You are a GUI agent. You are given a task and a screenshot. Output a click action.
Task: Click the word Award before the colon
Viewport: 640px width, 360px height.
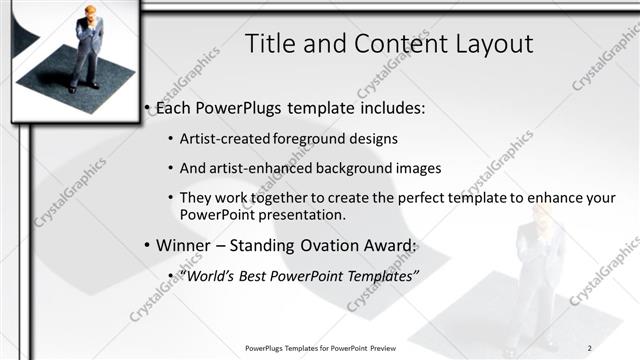click(381, 245)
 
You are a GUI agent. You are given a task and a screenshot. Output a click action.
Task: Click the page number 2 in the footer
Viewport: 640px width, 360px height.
click(590, 347)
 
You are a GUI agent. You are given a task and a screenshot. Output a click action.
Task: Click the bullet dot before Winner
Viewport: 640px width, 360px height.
click(148, 246)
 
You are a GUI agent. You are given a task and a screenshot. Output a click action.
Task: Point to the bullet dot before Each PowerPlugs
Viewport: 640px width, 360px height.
click(148, 108)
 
